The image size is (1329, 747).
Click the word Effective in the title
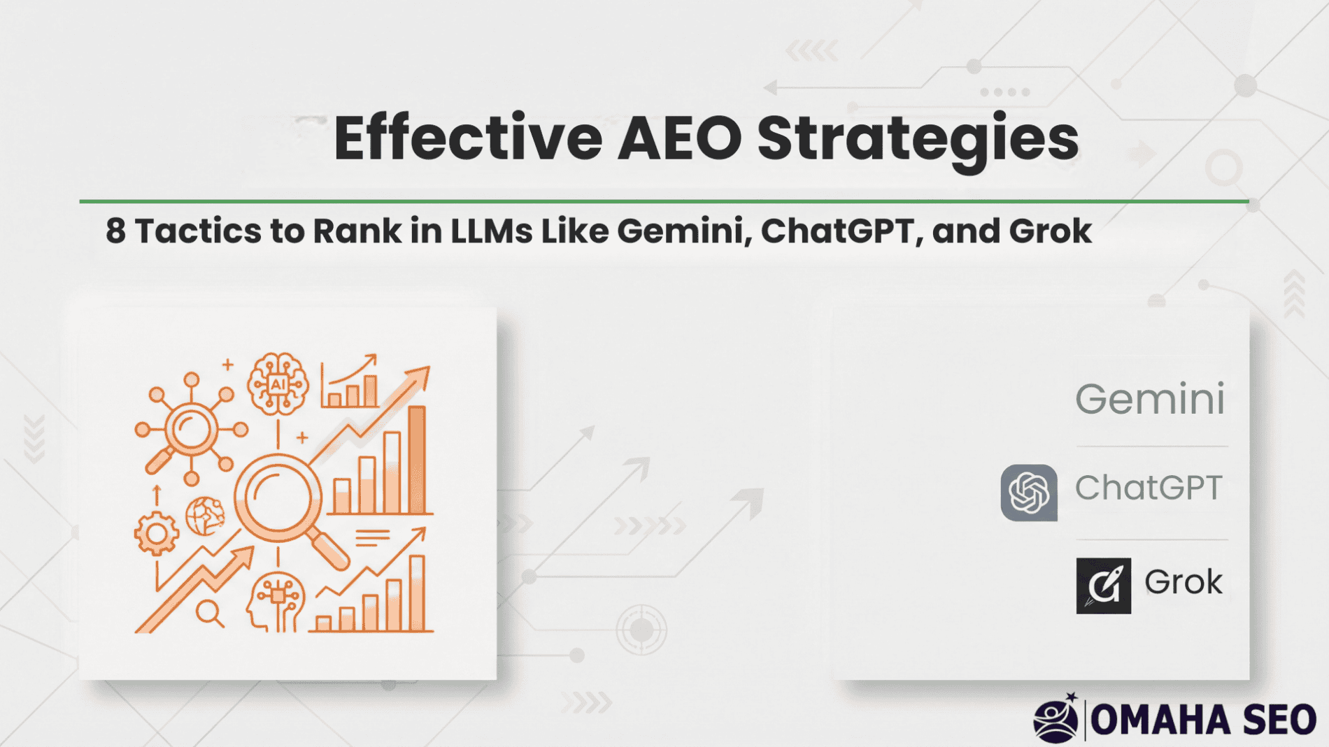[468, 138]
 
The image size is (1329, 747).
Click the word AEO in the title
[680, 138]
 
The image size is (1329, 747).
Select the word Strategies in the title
[918, 142]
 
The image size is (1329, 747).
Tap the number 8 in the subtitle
[116, 231]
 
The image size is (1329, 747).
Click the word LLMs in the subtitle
[491, 231]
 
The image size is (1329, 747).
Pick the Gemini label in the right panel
[1150, 399]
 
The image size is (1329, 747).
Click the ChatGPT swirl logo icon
[1029, 493]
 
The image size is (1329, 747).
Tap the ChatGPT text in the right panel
[1149, 488]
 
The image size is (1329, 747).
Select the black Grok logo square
[1103, 586]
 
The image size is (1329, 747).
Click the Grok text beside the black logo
[1184, 581]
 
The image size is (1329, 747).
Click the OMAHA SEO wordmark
[1204, 720]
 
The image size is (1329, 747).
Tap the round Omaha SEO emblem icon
[1056, 718]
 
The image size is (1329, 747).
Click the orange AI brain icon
[278, 384]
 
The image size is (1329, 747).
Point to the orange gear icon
[156, 533]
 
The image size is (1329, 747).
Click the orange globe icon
[206, 516]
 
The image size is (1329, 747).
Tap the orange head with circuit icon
[276, 602]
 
